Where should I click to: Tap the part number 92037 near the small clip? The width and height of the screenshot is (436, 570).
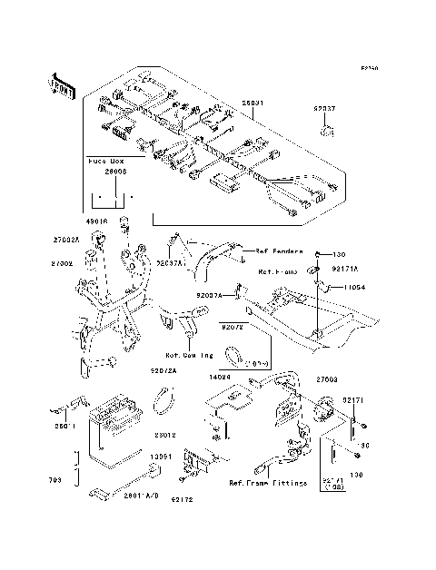coord(324,108)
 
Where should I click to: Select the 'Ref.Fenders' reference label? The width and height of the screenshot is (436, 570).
coord(277,251)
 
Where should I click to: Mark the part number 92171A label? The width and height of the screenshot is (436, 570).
coord(346,269)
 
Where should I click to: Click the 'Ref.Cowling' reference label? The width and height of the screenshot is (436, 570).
coord(188,355)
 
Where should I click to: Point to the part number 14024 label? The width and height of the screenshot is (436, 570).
coord(243,374)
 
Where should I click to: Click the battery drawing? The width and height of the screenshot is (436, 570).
coord(117,418)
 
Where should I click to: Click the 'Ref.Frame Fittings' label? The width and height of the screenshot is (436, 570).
coord(267,483)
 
